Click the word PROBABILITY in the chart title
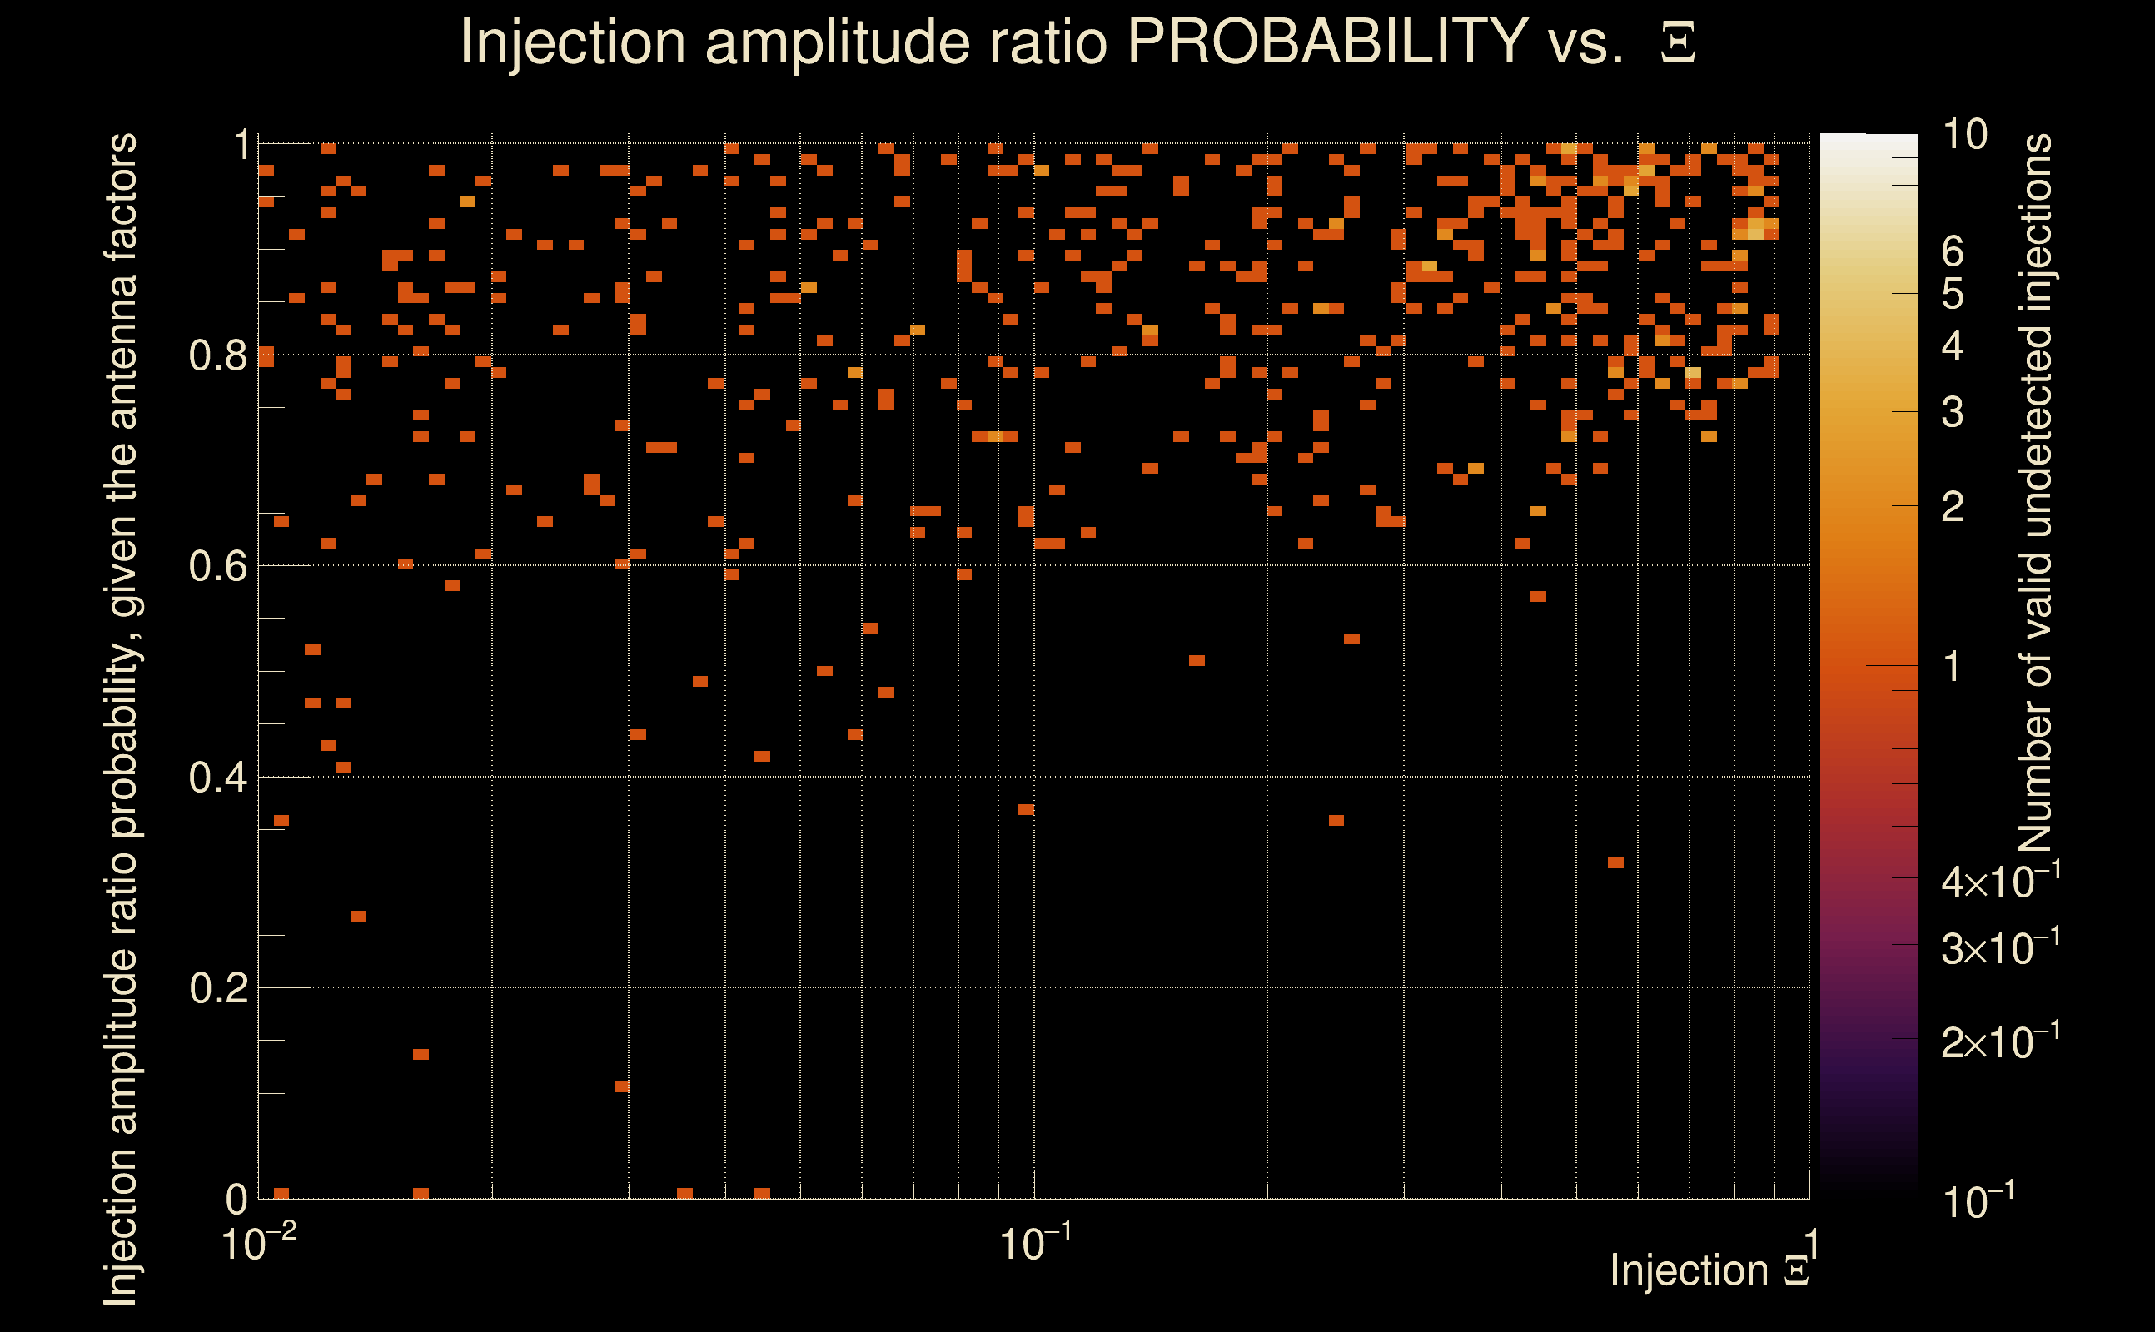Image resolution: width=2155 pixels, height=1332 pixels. pos(1327,42)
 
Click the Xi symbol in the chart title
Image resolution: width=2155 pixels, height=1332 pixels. pos(1678,43)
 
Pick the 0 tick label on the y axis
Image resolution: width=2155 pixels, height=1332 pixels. pos(236,1199)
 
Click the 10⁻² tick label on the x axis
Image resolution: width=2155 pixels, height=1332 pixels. pos(257,1243)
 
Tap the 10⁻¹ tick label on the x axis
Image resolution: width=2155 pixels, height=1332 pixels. pos(1034,1243)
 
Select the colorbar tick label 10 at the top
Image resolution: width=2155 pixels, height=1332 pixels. pos(1964,135)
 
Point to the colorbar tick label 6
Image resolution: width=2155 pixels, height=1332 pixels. pos(1953,252)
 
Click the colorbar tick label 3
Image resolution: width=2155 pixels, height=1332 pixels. pos(1953,412)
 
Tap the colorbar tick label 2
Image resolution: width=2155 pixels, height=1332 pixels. pos(1953,506)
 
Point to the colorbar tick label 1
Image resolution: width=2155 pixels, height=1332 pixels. pos(1953,667)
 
